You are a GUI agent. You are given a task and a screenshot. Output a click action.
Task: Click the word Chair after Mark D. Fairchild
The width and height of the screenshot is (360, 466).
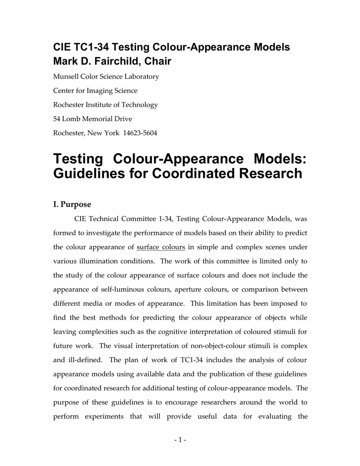[x=157, y=61]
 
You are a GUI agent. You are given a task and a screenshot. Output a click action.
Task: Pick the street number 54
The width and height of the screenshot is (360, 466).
[x=58, y=119]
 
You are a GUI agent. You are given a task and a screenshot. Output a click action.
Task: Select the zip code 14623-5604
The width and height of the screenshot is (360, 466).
[x=142, y=133]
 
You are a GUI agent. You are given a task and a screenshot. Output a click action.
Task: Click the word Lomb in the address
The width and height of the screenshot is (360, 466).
[x=74, y=119]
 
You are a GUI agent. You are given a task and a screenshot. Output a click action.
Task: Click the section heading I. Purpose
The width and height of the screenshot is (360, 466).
[x=72, y=204]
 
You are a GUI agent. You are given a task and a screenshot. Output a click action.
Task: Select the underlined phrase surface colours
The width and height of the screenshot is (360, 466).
[x=161, y=247]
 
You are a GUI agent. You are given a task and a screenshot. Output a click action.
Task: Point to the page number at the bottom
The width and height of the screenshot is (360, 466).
[x=180, y=440]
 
